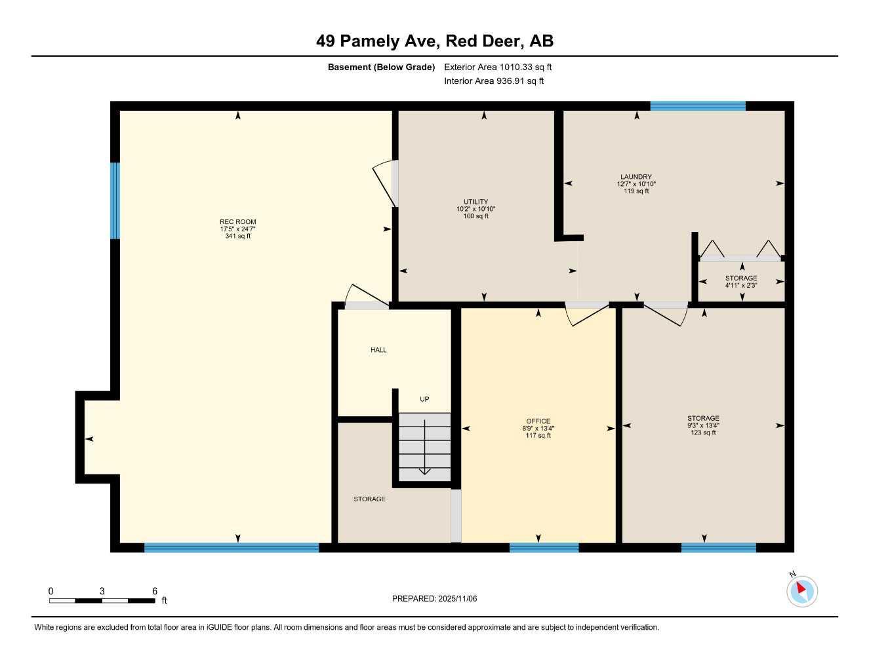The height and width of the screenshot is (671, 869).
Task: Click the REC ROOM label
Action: tap(237, 229)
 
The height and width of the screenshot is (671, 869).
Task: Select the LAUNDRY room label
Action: tap(636, 183)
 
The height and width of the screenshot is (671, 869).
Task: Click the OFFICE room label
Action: tap(538, 428)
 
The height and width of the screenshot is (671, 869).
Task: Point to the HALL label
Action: tap(378, 350)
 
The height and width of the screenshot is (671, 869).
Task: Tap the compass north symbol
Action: tap(801, 590)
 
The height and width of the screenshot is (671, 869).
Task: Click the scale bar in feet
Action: tap(102, 600)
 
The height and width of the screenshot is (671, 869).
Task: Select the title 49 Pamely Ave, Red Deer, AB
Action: tap(434, 41)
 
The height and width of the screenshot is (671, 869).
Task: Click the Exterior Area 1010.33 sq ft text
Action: tap(498, 67)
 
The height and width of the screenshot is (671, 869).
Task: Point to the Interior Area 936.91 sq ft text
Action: tap(494, 81)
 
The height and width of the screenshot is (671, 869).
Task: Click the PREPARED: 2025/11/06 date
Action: tap(434, 598)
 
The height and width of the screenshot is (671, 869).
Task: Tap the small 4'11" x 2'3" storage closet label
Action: tap(741, 282)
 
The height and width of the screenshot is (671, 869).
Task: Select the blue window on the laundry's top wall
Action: tap(698, 105)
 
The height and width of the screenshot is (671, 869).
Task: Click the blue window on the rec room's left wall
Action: tap(115, 201)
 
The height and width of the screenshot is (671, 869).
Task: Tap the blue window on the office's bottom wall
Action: tap(544, 548)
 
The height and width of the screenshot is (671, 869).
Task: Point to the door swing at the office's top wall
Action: tap(587, 314)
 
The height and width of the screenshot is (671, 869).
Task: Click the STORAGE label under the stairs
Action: tap(369, 499)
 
